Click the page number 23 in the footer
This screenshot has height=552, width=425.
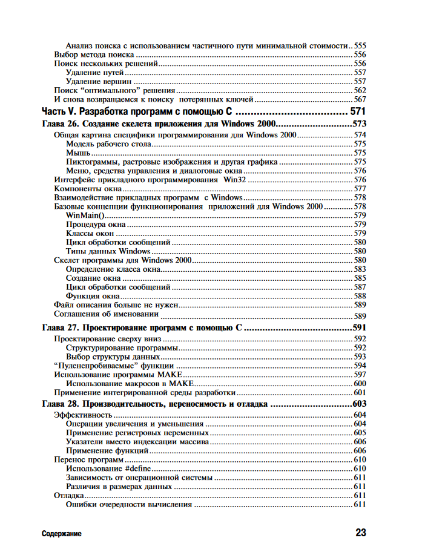click(x=360, y=533)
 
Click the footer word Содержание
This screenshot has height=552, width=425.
click(x=62, y=534)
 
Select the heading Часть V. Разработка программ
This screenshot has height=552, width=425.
click(x=138, y=112)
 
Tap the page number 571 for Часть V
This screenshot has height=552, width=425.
click(x=358, y=112)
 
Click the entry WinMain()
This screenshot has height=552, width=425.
click(x=85, y=215)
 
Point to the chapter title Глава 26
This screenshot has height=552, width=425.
click(x=157, y=123)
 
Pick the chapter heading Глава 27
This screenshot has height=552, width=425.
click(x=142, y=327)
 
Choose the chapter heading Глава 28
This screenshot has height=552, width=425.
click(x=154, y=404)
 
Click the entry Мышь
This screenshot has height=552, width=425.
click(x=78, y=153)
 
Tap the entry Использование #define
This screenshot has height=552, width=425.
click(x=108, y=468)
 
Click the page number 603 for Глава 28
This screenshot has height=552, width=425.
click(x=360, y=404)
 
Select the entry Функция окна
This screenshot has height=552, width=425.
click(x=92, y=296)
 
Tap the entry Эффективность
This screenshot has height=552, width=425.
click(x=83, y=415)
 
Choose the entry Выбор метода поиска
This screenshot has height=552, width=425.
click(x=94, y=54)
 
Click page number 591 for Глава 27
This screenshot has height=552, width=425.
click(x=360, y=327)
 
